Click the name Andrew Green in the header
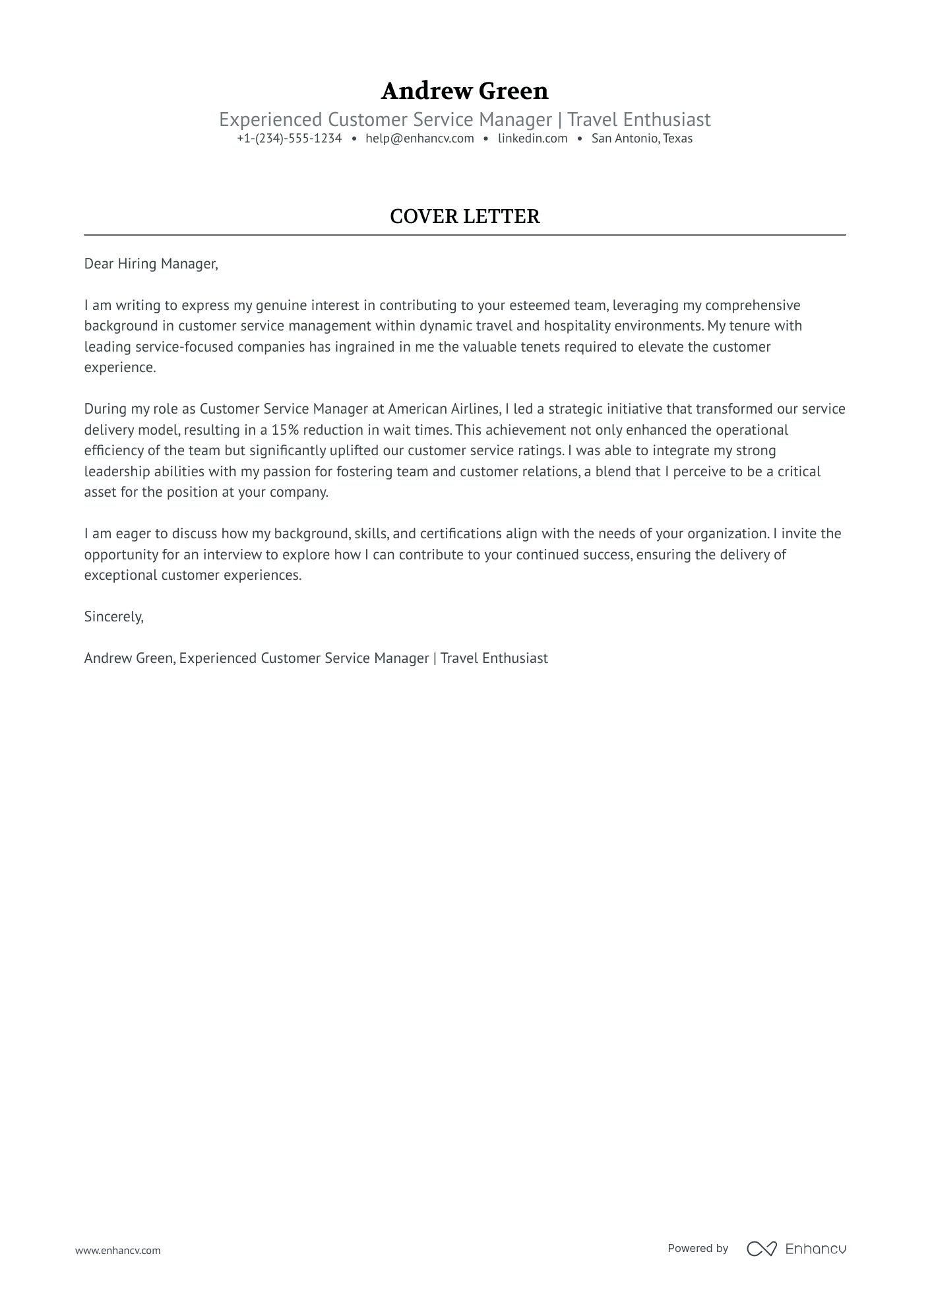click(464, 91)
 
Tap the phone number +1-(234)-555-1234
click(290, 139)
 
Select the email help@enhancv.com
click(419, 139)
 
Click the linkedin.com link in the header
click(532, 139)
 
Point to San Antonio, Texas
click(642, 139)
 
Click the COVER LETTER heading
click(464, 216)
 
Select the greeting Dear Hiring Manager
click(150, 264)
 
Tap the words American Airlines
click(443, 409)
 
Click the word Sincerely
click(113, 617)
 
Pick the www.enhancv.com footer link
click(118, 1250)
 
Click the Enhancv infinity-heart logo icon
click(761, 1249)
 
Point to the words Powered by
click(698, 1248)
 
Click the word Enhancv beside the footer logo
click(816, 1249)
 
